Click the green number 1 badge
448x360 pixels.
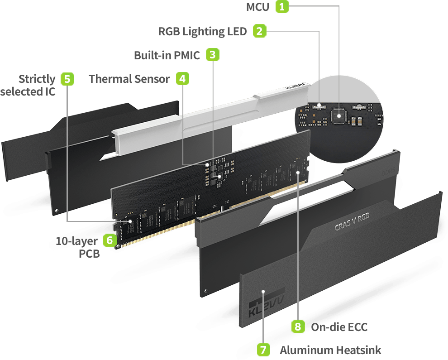(282, 7)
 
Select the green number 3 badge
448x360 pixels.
(212, 55)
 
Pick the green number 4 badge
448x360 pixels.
(182, 78)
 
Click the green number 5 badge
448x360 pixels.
(67, 79)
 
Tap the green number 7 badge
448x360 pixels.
(263, 350)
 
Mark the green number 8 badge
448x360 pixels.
(298, 326)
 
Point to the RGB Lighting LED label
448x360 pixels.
(203, 31)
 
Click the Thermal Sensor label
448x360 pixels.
(129, 79)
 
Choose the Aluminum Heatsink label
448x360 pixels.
(330, 350)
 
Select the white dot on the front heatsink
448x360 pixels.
(263, 293)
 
